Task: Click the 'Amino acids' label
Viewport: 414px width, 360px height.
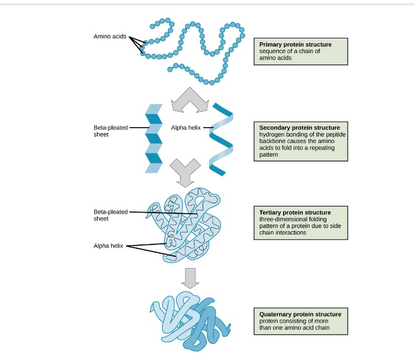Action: tap(110, 37)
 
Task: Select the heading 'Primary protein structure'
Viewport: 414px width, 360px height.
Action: tap(295, 44)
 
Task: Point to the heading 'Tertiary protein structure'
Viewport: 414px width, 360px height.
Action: tap(295, 212)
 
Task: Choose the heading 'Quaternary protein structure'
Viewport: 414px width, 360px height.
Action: tap(300, 315)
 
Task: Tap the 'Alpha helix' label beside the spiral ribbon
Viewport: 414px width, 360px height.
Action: tap(186, 128)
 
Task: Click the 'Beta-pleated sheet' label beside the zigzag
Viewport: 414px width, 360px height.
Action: tap(110, 131)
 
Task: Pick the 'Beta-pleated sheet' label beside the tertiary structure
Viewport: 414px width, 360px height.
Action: tap(110, 215)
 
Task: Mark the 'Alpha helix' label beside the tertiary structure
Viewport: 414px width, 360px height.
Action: tap(108, 245)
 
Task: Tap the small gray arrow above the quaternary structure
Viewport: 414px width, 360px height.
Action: tap(189, 277)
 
